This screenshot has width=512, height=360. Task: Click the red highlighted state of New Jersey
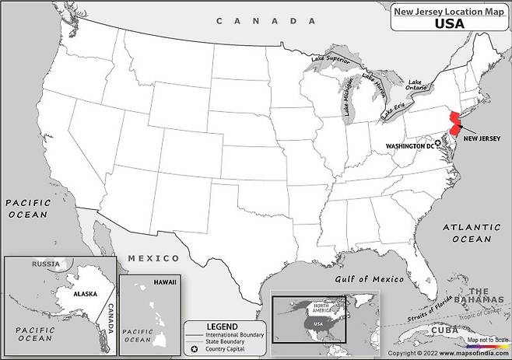click(451, 124)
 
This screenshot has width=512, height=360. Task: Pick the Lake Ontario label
click(416, 86)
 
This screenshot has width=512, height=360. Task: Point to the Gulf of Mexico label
click(370, 278)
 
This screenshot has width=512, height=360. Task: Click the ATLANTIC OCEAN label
click(472, 232)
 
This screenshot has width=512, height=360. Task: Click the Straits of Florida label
click(431, 311)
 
